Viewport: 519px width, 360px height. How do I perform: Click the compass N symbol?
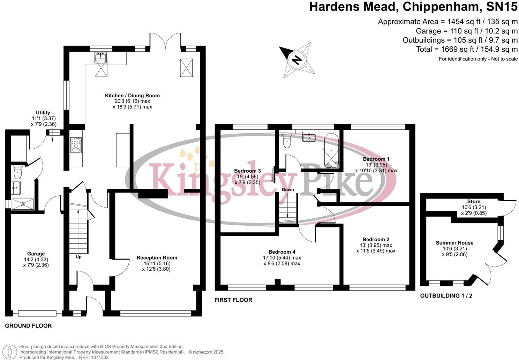click(x=297, y=60)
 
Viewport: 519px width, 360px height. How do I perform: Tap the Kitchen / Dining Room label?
click(x=132, y=96)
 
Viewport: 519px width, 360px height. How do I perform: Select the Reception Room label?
click(x=157, y=257)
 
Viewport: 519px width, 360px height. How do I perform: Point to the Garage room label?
click(x=36, y=254)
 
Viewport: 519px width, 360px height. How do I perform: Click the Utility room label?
click(x=43, y=113)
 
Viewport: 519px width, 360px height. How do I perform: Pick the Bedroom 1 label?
click(x=376, y=159)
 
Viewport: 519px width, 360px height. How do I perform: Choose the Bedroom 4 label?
click(x=282, y=252)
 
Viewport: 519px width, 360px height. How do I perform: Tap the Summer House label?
click(x=454, y=243)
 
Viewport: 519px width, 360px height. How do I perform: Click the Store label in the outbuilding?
click(x=474, y=202)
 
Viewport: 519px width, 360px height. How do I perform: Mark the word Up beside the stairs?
click(x=78, y=257)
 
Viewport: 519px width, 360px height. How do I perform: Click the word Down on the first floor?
click(x=288, y=189)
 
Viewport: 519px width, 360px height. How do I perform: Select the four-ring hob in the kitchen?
click(x=76, y=145)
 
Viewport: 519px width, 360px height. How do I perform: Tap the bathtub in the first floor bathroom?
click(x=331, y=151)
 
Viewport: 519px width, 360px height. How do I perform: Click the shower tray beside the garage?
click(x=23, y=204)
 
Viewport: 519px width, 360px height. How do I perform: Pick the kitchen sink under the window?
click(x=101, y=58)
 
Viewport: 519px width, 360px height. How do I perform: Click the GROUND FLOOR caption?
click(x=28, y=326)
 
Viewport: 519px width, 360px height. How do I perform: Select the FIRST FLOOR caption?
click(x=233, y=300)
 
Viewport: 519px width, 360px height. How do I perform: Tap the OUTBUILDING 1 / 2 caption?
click(x=446, y=295)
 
